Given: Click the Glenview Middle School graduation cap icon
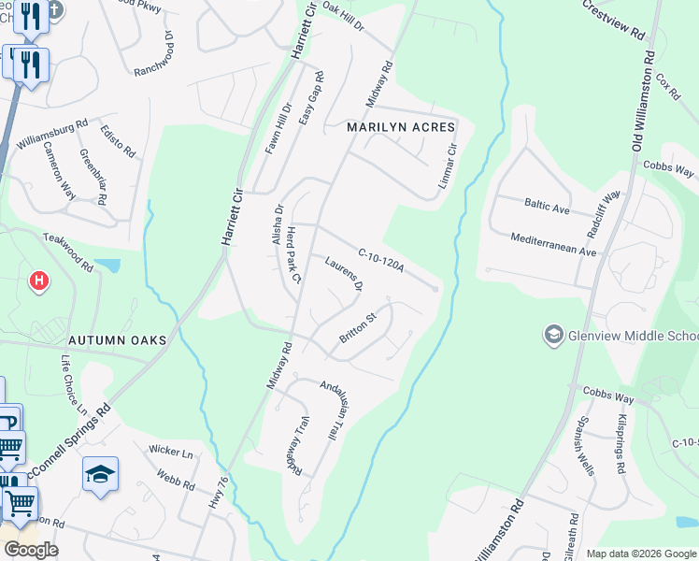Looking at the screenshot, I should click(x=553, y=335).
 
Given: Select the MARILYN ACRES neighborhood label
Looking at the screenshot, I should click(x=401, y=126).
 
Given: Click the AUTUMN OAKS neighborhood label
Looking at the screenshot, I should click(x=117, y=340).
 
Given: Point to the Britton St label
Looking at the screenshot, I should click(x=357, y=328).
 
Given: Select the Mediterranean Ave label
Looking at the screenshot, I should click(x=553, y=245).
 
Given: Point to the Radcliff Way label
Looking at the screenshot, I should click(x=605, y=214).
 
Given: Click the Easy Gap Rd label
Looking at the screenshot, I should click(x=311, y=100).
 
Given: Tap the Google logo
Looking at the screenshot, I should click(x=32, y=549).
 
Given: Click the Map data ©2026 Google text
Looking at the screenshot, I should click(x=640, y=554).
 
